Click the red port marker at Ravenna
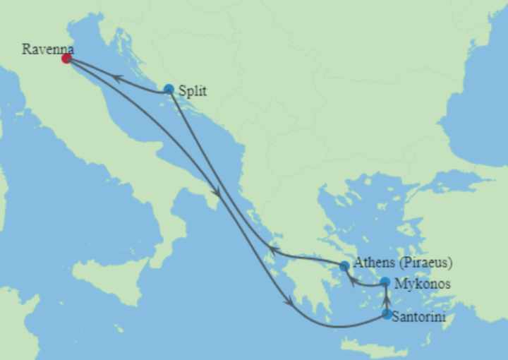pos(66,59)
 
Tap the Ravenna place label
pos(46,49)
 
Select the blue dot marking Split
pos(169,89)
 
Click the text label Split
pos(193,90)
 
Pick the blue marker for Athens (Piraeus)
pos(344,266)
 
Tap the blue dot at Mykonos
pos(385,282)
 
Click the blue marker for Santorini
pos(387,314)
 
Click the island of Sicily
pos(109,272)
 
